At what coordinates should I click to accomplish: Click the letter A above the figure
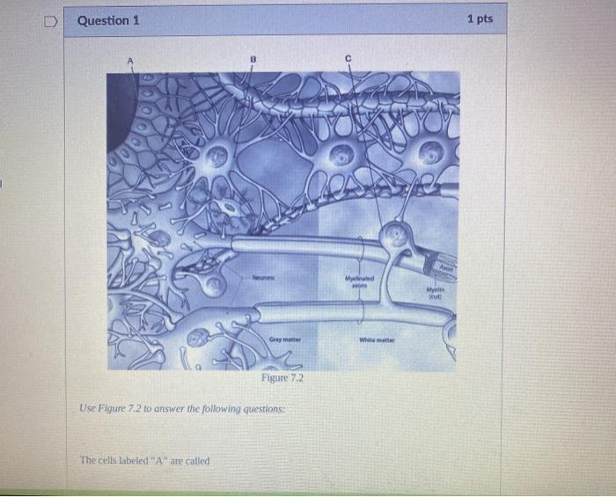[x=129, y=60]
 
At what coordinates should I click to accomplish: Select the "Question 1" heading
[x=108, y=20]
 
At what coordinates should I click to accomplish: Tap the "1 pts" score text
[x=480, y=18]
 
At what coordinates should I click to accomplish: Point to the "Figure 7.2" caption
[x=282, y=377]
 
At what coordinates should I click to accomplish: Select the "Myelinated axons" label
[x=359, y=282]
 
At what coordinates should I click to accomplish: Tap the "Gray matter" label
[x=285, y=339]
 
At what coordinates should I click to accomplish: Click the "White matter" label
[x=377, y=340]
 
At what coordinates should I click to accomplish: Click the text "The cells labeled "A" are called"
[x=144, y=460]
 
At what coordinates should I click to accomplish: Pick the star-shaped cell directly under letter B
[x=216, y=157]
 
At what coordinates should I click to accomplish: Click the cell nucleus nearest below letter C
[x=338, y=157]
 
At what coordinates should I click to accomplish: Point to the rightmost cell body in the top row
[x=431, y=152]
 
